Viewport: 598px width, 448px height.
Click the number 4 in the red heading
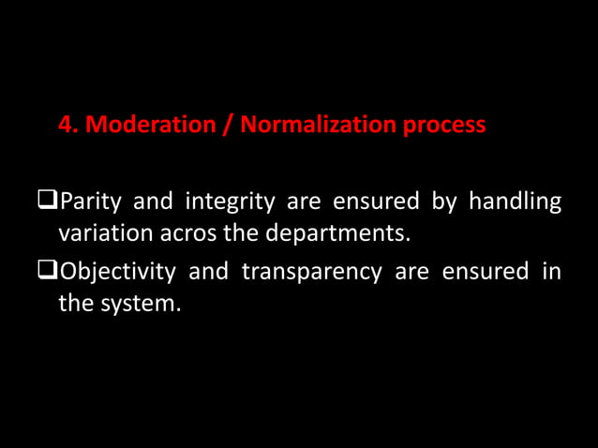pos(66,125)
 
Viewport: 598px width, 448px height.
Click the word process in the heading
pos(444,126)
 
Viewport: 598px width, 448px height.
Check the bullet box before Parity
pos(48,201)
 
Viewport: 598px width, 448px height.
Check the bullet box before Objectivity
pos(48,272)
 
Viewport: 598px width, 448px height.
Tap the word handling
pos(516,202)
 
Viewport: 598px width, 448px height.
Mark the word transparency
pos(311,273)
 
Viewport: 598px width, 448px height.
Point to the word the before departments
pos(239,231)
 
